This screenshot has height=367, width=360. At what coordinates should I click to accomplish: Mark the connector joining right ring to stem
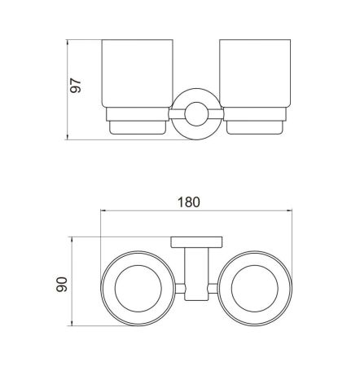click(212, 286)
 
